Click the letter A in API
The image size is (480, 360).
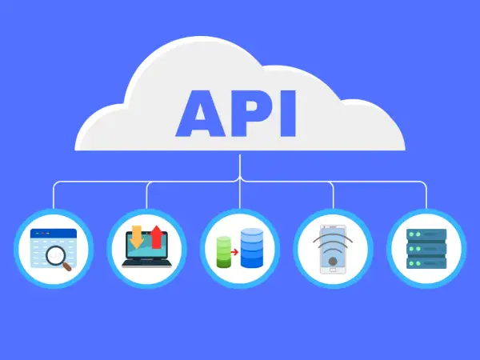click(x=201, y=114)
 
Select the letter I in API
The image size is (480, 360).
click(x=288, y=114)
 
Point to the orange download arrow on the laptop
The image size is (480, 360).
click(x=137, y=237)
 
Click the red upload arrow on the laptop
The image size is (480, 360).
click(x=157, y=237)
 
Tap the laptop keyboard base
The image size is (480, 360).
click(x=146, y=263)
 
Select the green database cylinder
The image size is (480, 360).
click(x=223, y=252)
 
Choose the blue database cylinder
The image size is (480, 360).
click(x=252, y=248)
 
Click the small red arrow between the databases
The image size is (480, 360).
click(x=234, y=252)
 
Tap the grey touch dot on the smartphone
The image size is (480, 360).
click(x=333, y=262)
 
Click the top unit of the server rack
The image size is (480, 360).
click(x=426, y=234)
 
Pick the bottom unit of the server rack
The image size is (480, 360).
click(x=426, y=263)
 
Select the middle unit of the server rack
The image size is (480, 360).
click(x=426, y=249)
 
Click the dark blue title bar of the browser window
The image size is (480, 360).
click(x=54, y=234)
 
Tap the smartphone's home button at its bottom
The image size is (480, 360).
click(x=333, y=270)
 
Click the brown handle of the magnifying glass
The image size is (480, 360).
click(x=67, y=266)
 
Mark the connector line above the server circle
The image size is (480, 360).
click(x=426, y=195)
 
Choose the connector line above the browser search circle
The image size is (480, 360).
click(x=54, y=195)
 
